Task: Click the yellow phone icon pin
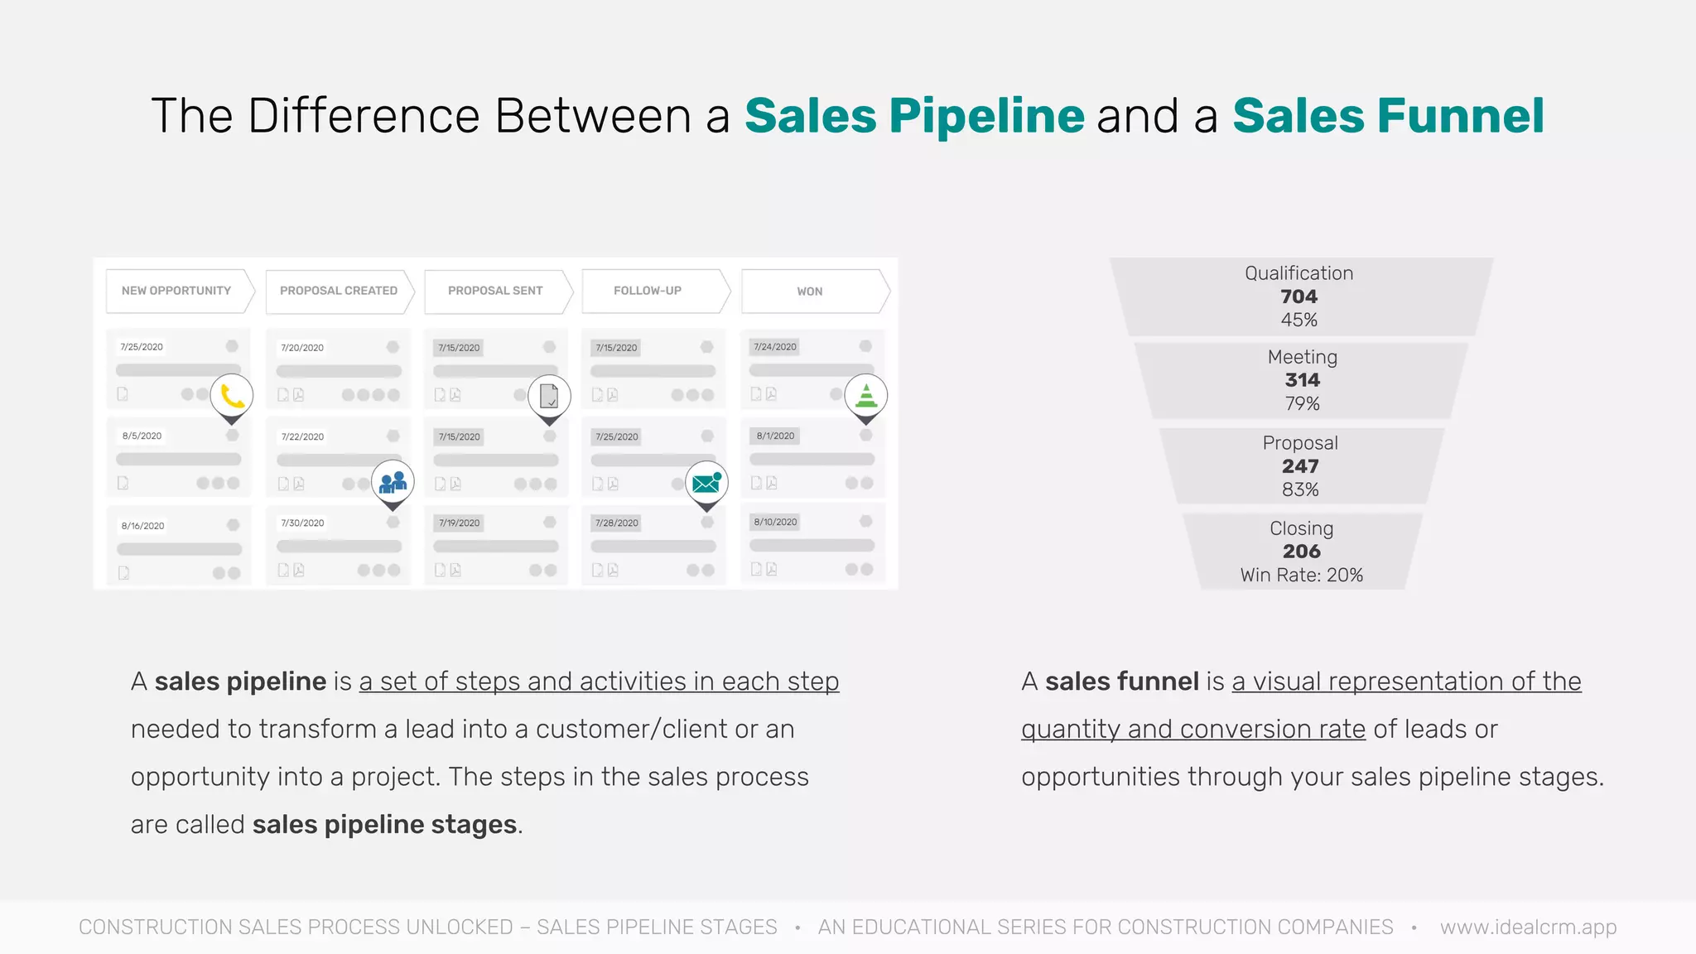click(232, 396)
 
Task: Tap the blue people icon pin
click(393, 482)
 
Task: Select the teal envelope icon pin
click(706, 483)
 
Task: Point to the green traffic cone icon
click(865, 396)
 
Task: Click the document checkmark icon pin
click(549, 396)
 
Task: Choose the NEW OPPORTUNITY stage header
click(176, 291)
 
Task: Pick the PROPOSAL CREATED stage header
click(338, 291)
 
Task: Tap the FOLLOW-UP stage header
click(648, 291)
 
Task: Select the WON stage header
click(810, 291)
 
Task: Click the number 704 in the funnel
click(1298, 296)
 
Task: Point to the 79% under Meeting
click(1302, 403)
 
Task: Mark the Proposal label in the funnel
click(1300, 443)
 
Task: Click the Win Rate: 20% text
click(1301, 575)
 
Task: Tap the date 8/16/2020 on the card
click(142, 526)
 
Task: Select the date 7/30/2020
click(302, 523)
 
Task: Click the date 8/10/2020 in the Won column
click(775, 523)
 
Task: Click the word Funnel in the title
click(1460, 116)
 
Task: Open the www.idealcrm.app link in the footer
click(1528, 927)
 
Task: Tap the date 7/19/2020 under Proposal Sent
click(460, 523)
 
